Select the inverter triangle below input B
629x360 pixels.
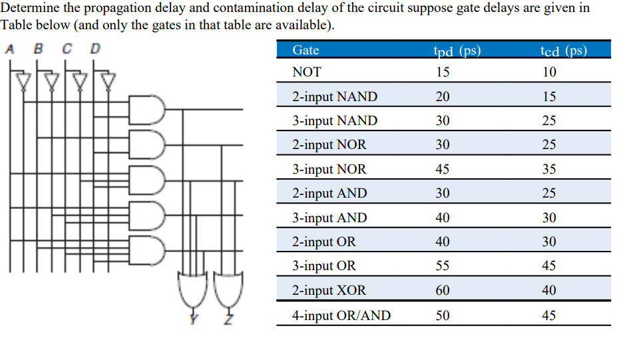52,81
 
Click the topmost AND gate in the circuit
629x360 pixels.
148,108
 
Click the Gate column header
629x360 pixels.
306,51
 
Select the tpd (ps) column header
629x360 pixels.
457,51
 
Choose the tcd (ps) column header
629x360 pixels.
564,51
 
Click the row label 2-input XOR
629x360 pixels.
329,291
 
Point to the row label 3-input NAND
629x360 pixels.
334,121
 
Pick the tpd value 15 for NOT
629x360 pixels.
443,73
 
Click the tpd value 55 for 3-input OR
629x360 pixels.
443,266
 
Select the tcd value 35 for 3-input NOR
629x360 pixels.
548,170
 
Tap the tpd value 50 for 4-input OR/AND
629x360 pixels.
443,315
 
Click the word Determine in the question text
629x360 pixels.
27,8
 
